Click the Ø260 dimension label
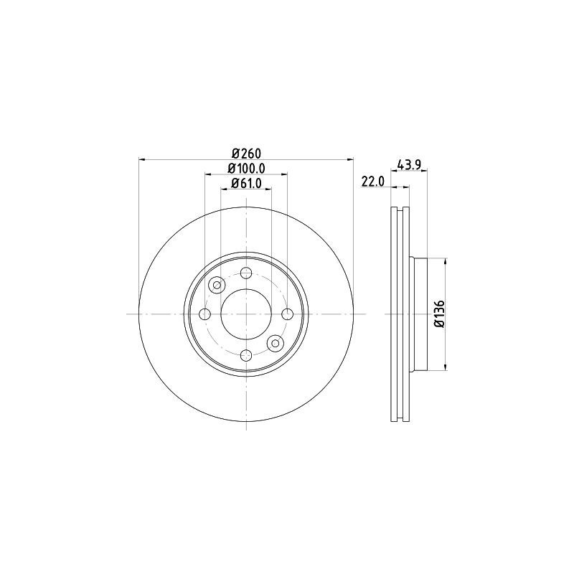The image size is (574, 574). [x=245, y=152]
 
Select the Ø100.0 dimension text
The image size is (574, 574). [x=246, y=168]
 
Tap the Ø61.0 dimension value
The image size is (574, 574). [x=246, y=184]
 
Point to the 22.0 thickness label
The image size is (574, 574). [x=373, y=182]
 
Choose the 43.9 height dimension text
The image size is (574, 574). [x=408, y=164]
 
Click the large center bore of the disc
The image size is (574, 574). [x=246, y=314]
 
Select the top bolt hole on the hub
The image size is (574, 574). [x=246, y=273]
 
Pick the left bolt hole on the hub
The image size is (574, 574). [x=204, y=314]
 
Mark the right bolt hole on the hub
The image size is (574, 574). [x=288, y=314]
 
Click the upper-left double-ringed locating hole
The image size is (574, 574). [x=217, y=286]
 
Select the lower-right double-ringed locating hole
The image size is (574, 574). [x=276, y=344]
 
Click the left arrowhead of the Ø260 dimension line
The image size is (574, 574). [x=141, y=159]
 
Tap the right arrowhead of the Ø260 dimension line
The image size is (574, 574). [x=351, y=159]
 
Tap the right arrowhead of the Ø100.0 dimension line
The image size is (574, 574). [x=285, y=174]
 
